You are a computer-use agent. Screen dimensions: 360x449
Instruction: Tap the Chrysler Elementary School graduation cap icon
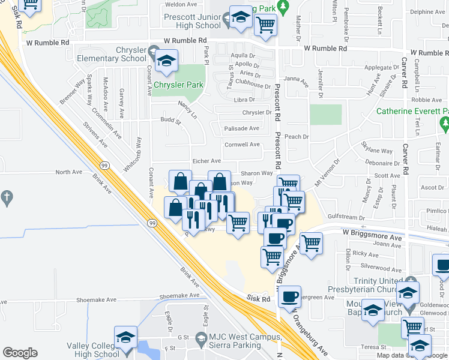(166, 61)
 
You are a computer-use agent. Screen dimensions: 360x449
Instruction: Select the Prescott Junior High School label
(192, 22)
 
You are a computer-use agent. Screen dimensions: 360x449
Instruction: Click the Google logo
(20, 353)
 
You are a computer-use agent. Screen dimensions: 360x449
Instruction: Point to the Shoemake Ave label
(179, 296)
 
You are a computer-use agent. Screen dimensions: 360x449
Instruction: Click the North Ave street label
(68, 172)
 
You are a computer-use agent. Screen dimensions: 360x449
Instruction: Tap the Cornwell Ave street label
(242, 145)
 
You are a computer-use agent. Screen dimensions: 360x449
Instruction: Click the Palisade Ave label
(241, 128)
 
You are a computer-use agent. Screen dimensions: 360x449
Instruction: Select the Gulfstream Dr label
(346, 217)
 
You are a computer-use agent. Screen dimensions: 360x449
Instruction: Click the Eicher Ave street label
(207, 161)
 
